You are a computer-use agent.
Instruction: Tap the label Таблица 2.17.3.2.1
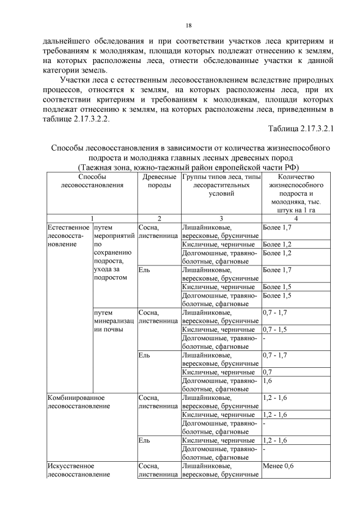(301, 129)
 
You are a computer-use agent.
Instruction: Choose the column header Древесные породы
(159, 182)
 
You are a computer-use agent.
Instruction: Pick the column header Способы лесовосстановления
(91, 182)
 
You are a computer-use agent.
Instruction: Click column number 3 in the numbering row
(220, 218)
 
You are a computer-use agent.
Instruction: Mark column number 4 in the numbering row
(296, 218)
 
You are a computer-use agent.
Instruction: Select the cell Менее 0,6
(278, 466)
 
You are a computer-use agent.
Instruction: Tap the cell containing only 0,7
(269, 372)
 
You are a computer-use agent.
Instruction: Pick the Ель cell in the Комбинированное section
(143, 440)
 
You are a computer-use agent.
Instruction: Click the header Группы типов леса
(220, 186)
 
